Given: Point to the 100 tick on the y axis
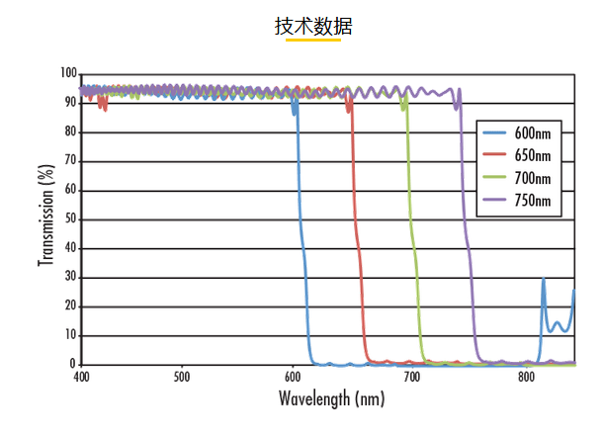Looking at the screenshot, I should coord(68,73).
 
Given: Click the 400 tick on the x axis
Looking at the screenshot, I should coord(81,377).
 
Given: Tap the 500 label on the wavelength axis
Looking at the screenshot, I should coord(181,377).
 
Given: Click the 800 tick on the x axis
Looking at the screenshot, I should coord(527,377).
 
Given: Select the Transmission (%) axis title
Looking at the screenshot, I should coord(45,216).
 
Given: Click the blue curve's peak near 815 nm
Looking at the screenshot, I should coord(543,279).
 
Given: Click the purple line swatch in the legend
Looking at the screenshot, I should coord(497,202).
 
